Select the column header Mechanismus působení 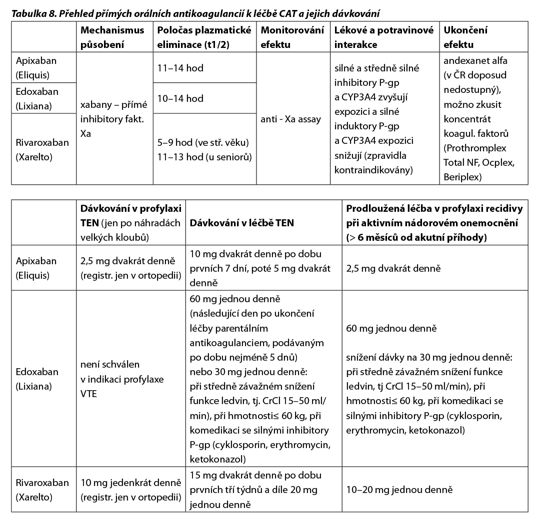(112, 37)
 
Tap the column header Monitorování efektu (292, 37)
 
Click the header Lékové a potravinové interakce (383, 37)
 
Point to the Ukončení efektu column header (465, 37)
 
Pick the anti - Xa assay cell (291, 119)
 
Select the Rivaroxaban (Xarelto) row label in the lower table (42, 490)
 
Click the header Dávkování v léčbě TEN (242, 223)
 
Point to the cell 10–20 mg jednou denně (393, 491)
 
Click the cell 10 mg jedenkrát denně (130, 483)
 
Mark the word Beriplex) (462, 177)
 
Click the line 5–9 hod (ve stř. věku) (202, 142)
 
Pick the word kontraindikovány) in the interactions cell (373, 170)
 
